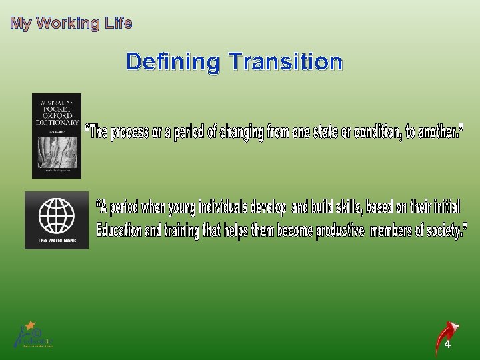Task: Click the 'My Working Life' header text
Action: pos(71,24)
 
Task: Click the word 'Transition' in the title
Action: pos(285,62)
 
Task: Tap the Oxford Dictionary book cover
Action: pos(57,135)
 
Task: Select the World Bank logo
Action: pos(57,220)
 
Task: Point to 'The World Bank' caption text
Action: pos(56,241)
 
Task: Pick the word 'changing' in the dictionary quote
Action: pos(237,132)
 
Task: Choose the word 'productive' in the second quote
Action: pos(340,231)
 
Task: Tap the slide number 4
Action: pos(447,345)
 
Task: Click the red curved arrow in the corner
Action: pos(446,336)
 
